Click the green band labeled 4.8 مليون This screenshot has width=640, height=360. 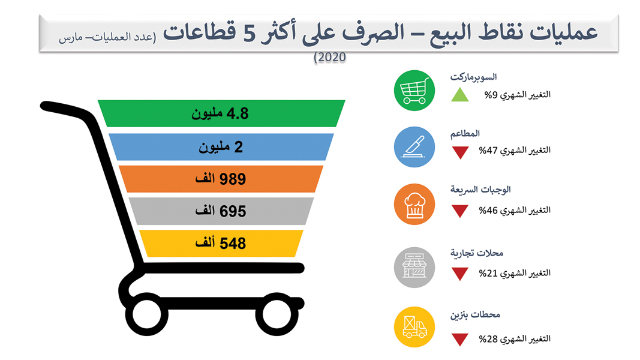[x=221, y=113]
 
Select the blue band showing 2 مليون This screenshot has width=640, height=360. [x=221, y=147]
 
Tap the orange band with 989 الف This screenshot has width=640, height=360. [x=221, y=179]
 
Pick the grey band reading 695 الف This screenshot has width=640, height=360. [x=221, y=211]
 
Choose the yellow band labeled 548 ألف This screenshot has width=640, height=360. [x=221, y=243]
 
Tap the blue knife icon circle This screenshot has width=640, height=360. [x=414, y=147]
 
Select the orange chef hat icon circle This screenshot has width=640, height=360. [x=414, y=204]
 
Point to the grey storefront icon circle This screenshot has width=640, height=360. [x=414, y=266]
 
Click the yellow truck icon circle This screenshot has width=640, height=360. [x=414, y=328]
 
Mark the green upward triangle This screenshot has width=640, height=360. [x=460, y=95]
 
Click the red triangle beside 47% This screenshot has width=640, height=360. [x=460, y=152]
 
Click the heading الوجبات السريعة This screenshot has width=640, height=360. [x=480, y=190]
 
